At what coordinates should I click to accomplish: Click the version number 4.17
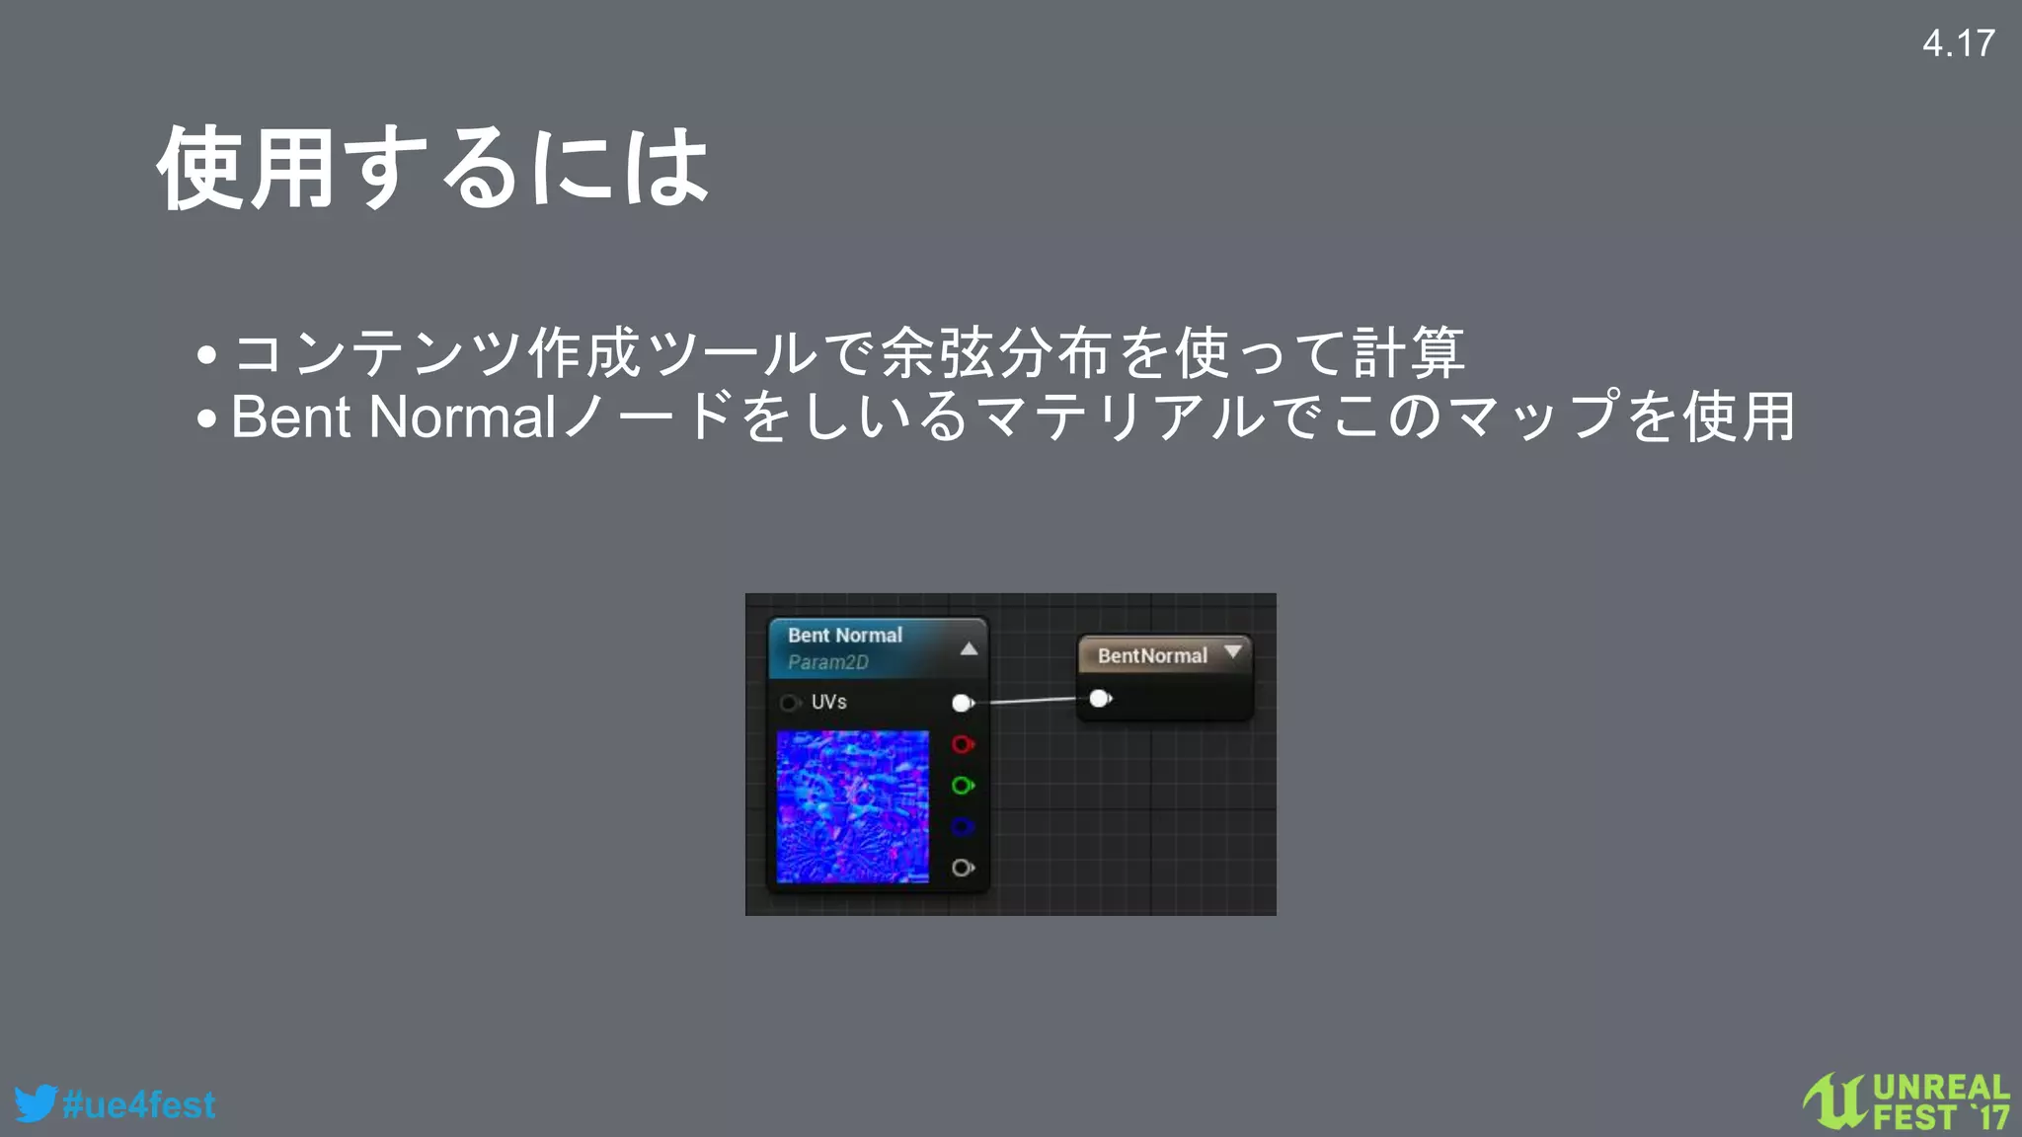pyautogui.click(x=1958, y=43)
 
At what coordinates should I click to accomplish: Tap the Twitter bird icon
pyautogui.click(x=36, y=1103)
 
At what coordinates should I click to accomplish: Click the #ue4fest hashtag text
pyautogui.click(x=139, y=1104)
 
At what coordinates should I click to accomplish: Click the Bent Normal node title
pyautogui.click(x=845, y=636)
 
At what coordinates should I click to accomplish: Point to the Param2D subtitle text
pyautogui.click(x=828, y=662)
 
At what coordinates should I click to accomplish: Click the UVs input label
pyautogui.click(x=828, y=702)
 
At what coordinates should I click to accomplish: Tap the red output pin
pyautogui.click(x=962, y=744)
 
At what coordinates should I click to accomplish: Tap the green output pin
pyautogui.click(x=962, y=786)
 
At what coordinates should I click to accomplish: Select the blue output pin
pyautogui.click(x=962, y=827)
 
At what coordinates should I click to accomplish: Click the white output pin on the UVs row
pyautogui.click(x=962, y=703)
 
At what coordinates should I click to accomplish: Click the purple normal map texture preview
pyautogui.click(x=852, y=806)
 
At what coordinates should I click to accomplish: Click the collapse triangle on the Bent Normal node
pyautogui.click(x=969, y=648)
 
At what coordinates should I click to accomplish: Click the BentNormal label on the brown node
pyautogui.click(x=1152, y=656)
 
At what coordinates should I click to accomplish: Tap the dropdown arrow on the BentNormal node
pyautogui.click(x=1232, y=651)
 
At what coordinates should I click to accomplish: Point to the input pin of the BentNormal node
pyautogui.click(x=1099, y=699)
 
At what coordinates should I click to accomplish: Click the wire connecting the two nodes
pyautogui.click(x=1032, y=701)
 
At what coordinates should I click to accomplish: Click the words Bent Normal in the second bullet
pyautogui.click(x=393, y=417)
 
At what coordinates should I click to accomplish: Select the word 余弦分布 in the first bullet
pyautogui.click(x=997, y=352)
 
